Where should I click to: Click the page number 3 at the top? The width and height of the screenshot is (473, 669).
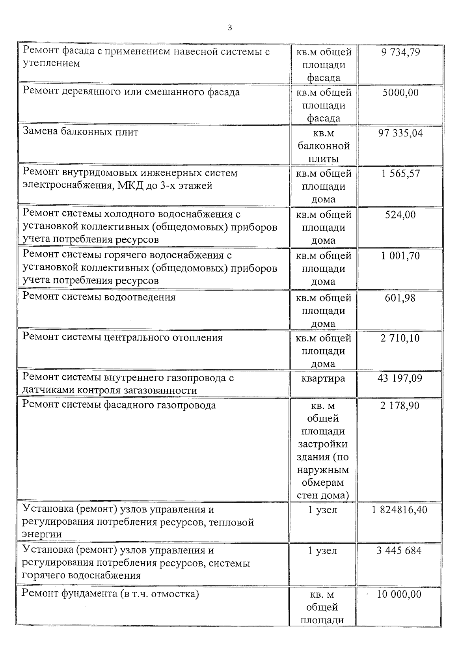click(x=230, y=28)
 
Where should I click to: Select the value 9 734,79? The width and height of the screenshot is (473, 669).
click(x=400, y=52)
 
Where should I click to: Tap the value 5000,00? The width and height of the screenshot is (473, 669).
click(x=400, y=93)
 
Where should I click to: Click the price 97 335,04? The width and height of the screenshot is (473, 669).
click(x=400, y=133)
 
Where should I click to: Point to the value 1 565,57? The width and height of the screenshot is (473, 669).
click(x=400, y=174)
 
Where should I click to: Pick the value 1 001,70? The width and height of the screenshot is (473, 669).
click(x=400, y=256)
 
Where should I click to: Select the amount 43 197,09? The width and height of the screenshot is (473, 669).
click(x=400, y=378)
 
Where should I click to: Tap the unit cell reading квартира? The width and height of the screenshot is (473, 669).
click(x=323, y=378)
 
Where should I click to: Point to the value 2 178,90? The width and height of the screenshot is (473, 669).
click(x=400, y=406)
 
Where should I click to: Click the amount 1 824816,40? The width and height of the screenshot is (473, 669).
click(x=399, y=510)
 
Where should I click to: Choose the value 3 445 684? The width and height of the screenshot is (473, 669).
click(x=399, y=551)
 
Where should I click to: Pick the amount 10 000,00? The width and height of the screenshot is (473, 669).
click(x=399, y=594)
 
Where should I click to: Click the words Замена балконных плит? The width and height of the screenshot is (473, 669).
click(x=80, y=132)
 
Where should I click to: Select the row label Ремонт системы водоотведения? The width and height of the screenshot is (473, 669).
click(x=99, y=297)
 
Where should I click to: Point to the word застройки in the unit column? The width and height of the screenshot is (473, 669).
click(x=323, y=444)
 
